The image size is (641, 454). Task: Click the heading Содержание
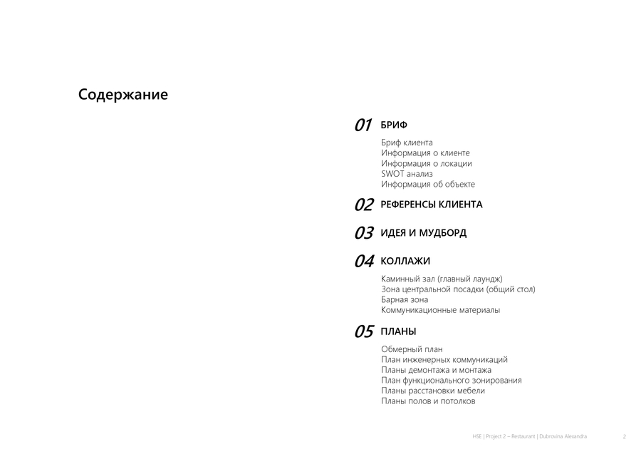coord(123,95)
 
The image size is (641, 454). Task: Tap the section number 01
coord(363,125)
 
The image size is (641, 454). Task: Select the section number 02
coord(364,205)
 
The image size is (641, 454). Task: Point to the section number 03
coord(364,233)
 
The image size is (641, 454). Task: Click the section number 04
coord(364,262)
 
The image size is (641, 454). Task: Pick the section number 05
coord(364,332)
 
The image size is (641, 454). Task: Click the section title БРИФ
coord(394,125)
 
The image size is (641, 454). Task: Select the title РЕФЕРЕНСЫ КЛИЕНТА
coord(432,205)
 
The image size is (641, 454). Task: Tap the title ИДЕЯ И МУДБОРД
coord(424,233)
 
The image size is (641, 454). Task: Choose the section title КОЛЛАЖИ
coord(405,262)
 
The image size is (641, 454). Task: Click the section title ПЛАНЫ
coord(399,332)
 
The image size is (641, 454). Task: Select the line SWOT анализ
coord(407,174)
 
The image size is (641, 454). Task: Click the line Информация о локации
coord(426,163)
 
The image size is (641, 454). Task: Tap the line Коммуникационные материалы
coord(440,310)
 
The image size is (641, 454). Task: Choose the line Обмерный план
coord(412,349)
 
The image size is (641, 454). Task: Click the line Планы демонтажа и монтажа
coord(436,370)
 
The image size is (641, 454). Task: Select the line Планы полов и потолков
coord(428,401)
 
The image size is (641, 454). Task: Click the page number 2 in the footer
coord(624,436)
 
